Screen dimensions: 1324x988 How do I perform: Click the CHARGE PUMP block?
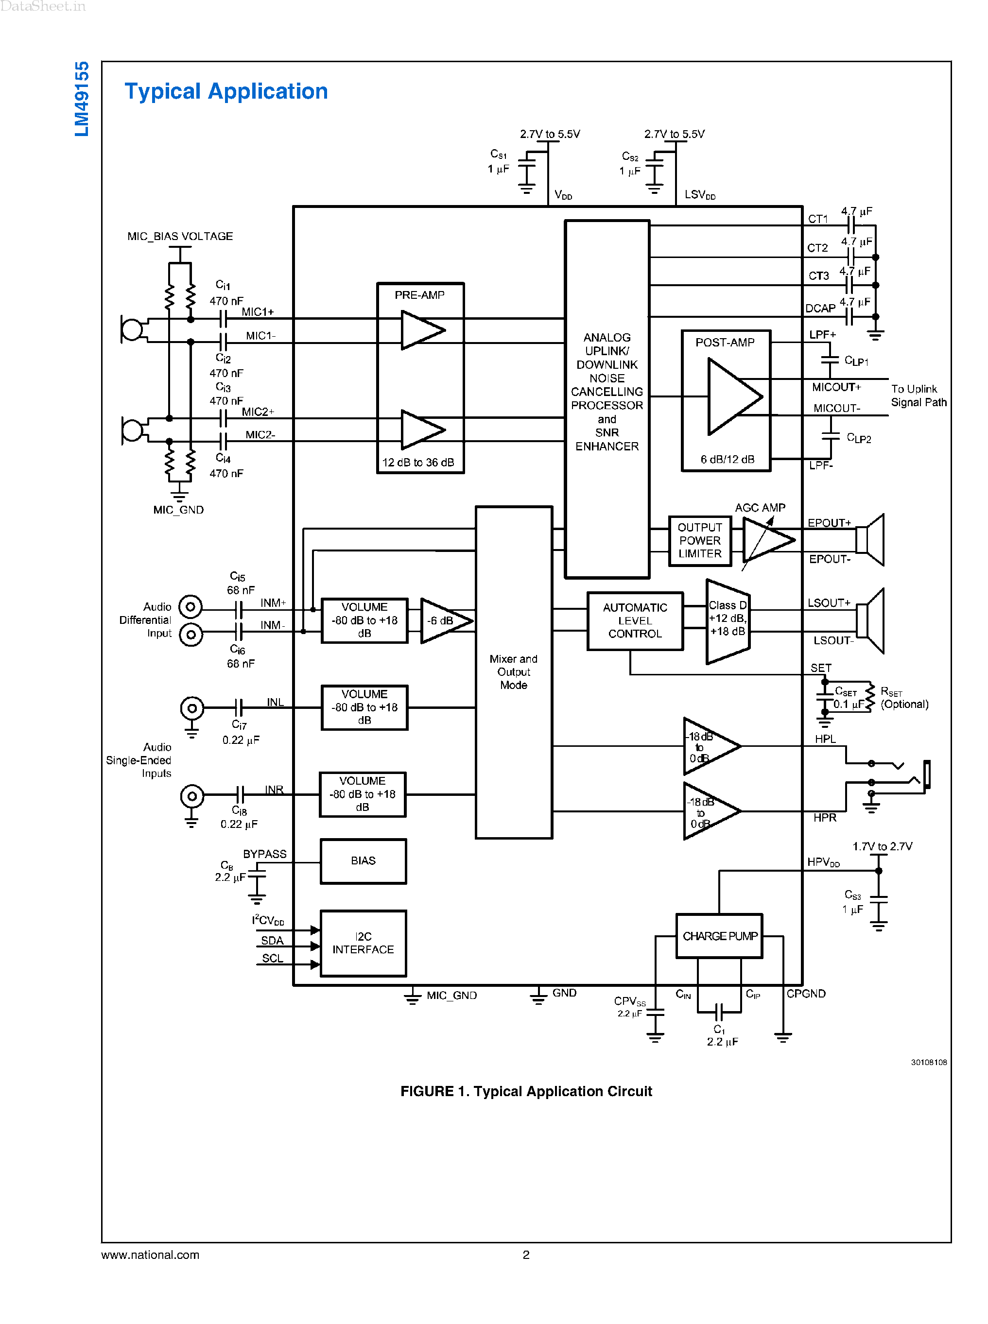coord(719,936)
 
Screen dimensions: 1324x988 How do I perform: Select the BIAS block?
coord(363,861)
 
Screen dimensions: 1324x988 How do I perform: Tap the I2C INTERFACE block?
coord(363,943)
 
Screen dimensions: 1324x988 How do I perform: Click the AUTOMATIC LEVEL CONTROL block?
coord(635,621)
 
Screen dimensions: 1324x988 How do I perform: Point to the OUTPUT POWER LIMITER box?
coord(699,541)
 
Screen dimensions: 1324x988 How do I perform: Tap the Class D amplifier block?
coord(727,621)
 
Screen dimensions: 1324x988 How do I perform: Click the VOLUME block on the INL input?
coord(364,707)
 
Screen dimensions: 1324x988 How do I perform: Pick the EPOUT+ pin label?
coord(829,523)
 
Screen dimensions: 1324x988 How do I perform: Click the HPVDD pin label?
coord(823,862)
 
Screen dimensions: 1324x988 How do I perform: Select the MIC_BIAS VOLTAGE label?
coord(180,236)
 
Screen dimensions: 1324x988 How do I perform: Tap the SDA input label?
coord(272,941)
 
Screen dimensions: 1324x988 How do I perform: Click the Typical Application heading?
coord(226,91)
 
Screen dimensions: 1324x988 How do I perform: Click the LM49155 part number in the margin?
coord(82,99)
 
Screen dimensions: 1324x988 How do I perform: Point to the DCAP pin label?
coord(820,309)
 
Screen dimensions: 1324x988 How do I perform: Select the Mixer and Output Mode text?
coord(513,671)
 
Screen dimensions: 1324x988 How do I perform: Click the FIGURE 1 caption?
coord(526,1091)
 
